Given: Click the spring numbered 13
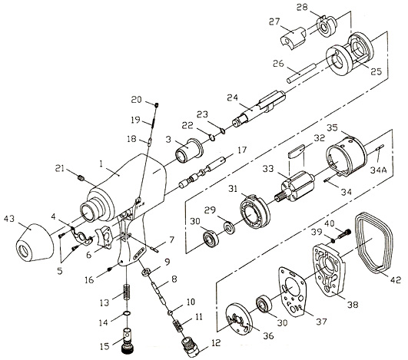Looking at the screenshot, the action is (127, 292).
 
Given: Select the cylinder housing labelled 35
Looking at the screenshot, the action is (347, 157).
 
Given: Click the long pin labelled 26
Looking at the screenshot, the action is (301, 74).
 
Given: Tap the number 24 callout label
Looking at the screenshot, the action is (232, 98).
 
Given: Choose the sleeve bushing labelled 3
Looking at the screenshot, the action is (189, 150).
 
